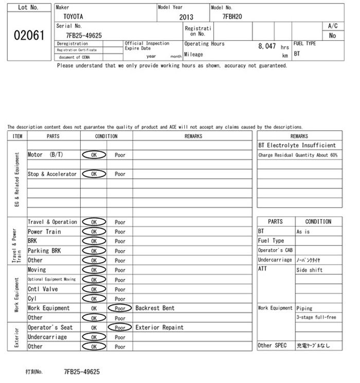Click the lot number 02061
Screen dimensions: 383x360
tap(29, 37)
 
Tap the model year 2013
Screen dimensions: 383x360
tap(186, 17)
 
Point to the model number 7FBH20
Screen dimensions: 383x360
tap(232, 16)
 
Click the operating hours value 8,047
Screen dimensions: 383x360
tap(267, 46)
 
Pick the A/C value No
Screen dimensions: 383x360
tap(332, 36)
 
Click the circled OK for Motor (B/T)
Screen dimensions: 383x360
tap(94, 155)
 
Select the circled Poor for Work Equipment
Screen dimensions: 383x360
tap(120, 308)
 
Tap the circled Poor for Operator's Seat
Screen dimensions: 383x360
tap(120, 327)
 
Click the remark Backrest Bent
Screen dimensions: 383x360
tap(155, 308)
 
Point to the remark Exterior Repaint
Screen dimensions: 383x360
tap(159, 327)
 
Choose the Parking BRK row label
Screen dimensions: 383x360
tap(44, 251)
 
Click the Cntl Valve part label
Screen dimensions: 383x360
tap(43, 289)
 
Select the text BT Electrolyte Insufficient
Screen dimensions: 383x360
tap(297, 146)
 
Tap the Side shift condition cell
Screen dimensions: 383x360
tap(309, 270)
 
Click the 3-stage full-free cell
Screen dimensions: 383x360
tap(316, 318)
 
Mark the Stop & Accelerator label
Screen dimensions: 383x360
tap(52, 174)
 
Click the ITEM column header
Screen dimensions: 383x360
tap(17, 136)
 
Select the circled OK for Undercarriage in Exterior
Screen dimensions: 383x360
tap(94, 337)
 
